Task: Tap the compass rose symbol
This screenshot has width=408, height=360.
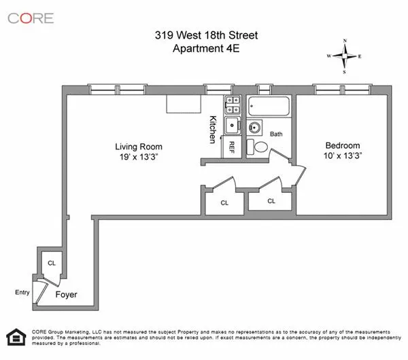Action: pos(345,56)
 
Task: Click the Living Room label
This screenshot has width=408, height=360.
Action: pos(138,146)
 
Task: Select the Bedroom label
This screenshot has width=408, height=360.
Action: pos(343,145)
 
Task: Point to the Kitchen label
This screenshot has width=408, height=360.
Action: pos(212,129)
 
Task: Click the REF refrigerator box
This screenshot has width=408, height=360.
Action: pos(232,145)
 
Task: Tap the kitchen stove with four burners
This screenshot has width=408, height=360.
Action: pos(232,105)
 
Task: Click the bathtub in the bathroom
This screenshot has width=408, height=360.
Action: pos(269,107)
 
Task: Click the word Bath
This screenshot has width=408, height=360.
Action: pos(276,134)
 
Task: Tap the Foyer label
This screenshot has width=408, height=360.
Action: pos(67,295)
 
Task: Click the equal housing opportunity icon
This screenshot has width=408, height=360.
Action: pos(14,338)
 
